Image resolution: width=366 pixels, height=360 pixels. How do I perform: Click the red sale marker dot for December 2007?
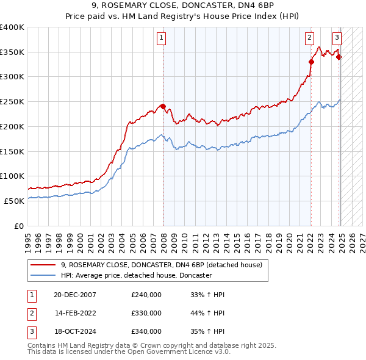(163, 107)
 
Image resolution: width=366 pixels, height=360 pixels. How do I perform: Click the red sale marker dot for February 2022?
(311, 61)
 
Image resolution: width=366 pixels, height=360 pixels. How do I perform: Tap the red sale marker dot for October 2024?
(339, 57)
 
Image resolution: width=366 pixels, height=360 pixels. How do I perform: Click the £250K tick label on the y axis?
(12, 101)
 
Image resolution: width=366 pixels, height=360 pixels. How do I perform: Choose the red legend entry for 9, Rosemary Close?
(162, 265)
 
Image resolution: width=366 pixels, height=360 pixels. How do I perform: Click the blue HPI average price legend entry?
(136, 276)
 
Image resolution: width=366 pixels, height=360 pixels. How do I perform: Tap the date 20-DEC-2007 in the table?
(75, 295)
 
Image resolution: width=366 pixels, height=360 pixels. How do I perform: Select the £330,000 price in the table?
(146, 313)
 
